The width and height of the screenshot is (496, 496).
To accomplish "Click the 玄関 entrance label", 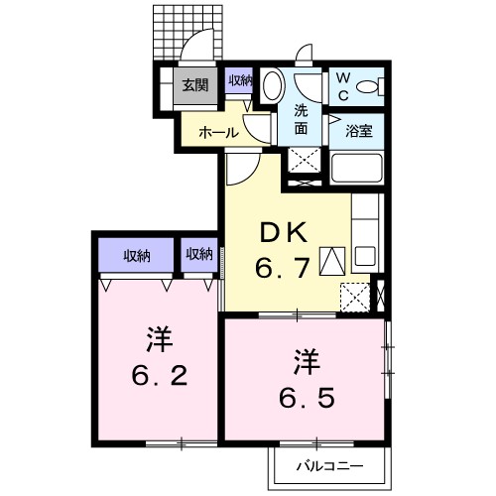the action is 195,85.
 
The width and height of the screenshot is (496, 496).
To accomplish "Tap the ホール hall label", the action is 218,133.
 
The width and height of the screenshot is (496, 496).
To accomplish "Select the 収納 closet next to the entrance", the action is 239,80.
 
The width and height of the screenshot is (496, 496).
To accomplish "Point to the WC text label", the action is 343,86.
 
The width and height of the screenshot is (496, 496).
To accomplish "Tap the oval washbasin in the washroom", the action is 274,85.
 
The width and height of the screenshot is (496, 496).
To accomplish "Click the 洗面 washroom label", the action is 301,119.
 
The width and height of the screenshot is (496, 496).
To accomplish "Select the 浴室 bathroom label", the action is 359,131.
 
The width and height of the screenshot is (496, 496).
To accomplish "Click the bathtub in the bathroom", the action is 356,168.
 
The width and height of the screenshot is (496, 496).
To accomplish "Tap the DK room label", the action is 284,232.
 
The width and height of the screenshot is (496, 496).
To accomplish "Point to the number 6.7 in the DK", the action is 283,268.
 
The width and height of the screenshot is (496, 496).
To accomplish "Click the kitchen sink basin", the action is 364,256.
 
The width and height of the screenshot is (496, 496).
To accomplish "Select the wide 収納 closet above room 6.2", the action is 137,255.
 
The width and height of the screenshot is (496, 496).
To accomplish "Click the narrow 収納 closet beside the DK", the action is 199,255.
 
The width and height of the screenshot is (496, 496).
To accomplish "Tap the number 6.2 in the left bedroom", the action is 160,376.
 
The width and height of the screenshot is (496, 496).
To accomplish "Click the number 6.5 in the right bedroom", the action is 307,397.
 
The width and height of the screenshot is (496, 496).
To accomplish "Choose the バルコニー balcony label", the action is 329,466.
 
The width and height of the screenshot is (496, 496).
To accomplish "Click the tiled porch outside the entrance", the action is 187,33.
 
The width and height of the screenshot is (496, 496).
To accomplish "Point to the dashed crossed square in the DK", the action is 355,298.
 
